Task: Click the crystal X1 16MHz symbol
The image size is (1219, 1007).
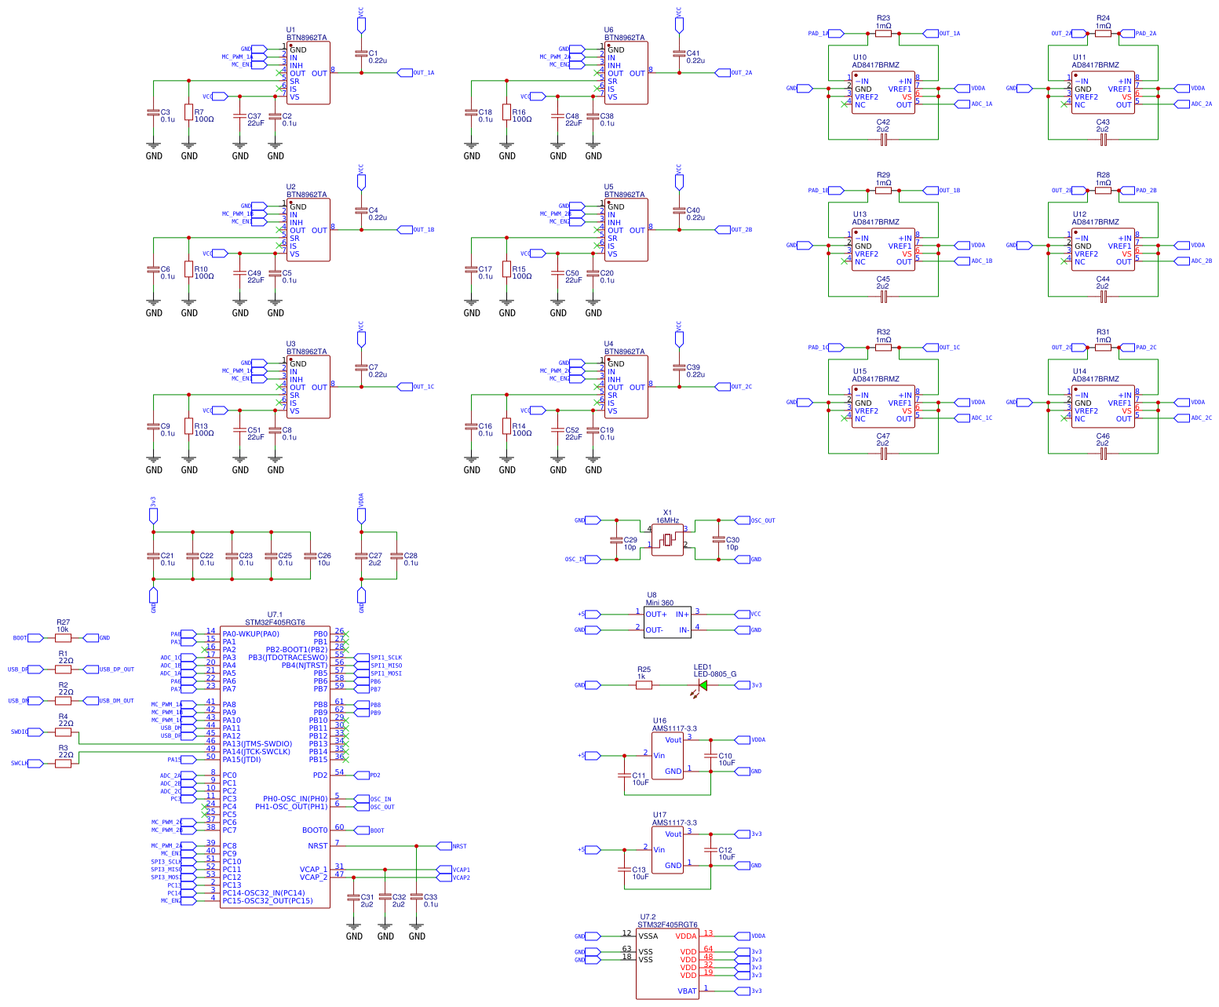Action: (x=667, y=540)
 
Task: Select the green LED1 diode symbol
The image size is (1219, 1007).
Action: (x=703, y=685)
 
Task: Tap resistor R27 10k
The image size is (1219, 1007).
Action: (x=63, y=638)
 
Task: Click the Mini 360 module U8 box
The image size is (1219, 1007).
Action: (x=667, y=622)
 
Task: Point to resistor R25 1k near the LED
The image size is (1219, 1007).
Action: (x=644, y=685)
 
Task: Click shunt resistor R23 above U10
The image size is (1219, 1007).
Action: (x=883, y=34)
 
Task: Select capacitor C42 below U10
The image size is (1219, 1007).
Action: (x=883, y=140)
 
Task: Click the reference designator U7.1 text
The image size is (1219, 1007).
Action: (x=275, y=615)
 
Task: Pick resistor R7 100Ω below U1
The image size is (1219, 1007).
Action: (x=188, y=112)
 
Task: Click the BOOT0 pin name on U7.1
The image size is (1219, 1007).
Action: (x=315, y=830)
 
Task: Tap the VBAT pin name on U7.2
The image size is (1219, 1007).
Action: (x=687, y=991)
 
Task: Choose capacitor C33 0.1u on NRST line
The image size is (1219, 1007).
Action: (x=417, y=896)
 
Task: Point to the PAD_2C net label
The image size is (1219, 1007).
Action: (x=1145, y=348)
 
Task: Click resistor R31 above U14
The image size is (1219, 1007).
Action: (x=1103, y=348)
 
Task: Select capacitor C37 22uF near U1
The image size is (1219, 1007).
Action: (x=240, y=116)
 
